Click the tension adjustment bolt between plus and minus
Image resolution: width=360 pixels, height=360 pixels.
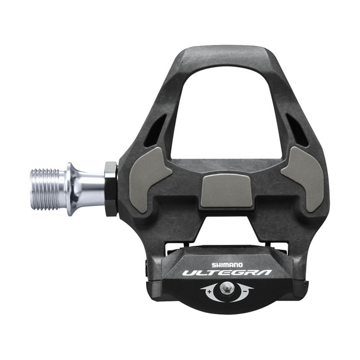click(x=226, y=290)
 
